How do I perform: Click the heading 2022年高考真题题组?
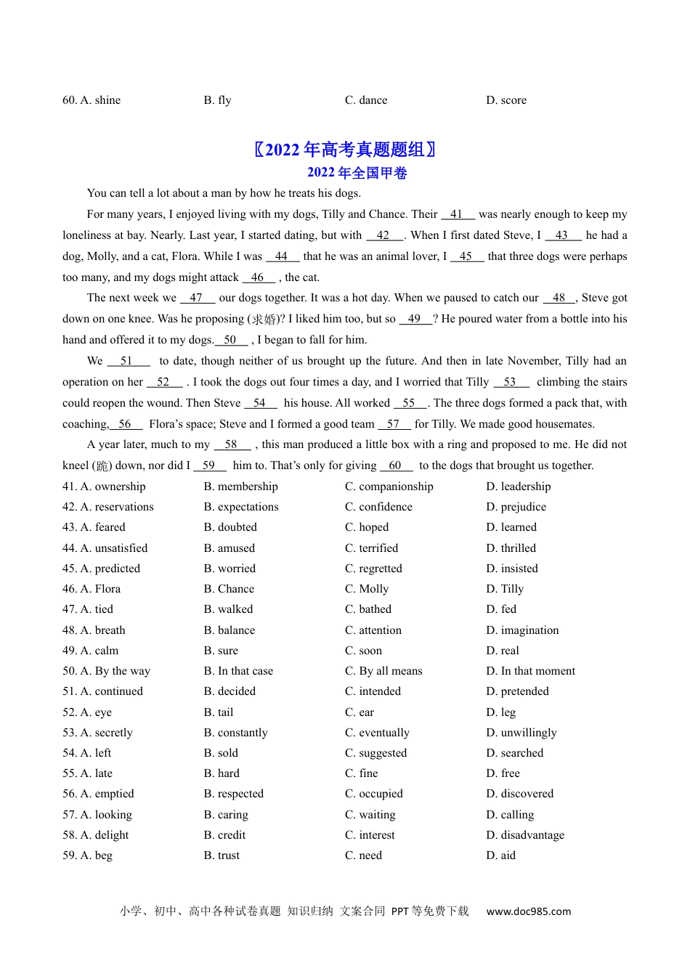(345, 150)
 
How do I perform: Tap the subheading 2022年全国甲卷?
(357, 173)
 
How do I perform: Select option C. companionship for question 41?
(389, 487)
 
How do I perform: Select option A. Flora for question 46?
(92, 589)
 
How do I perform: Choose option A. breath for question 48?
(94, 630)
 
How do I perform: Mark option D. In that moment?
(530, 671)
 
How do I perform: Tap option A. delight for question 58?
(95, 835)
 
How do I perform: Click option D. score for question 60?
(506, 100)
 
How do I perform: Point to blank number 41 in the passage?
(458, 214)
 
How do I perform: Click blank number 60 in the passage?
(396, 465)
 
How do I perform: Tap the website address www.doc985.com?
(529, 911)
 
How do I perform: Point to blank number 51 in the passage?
(128, 361)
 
